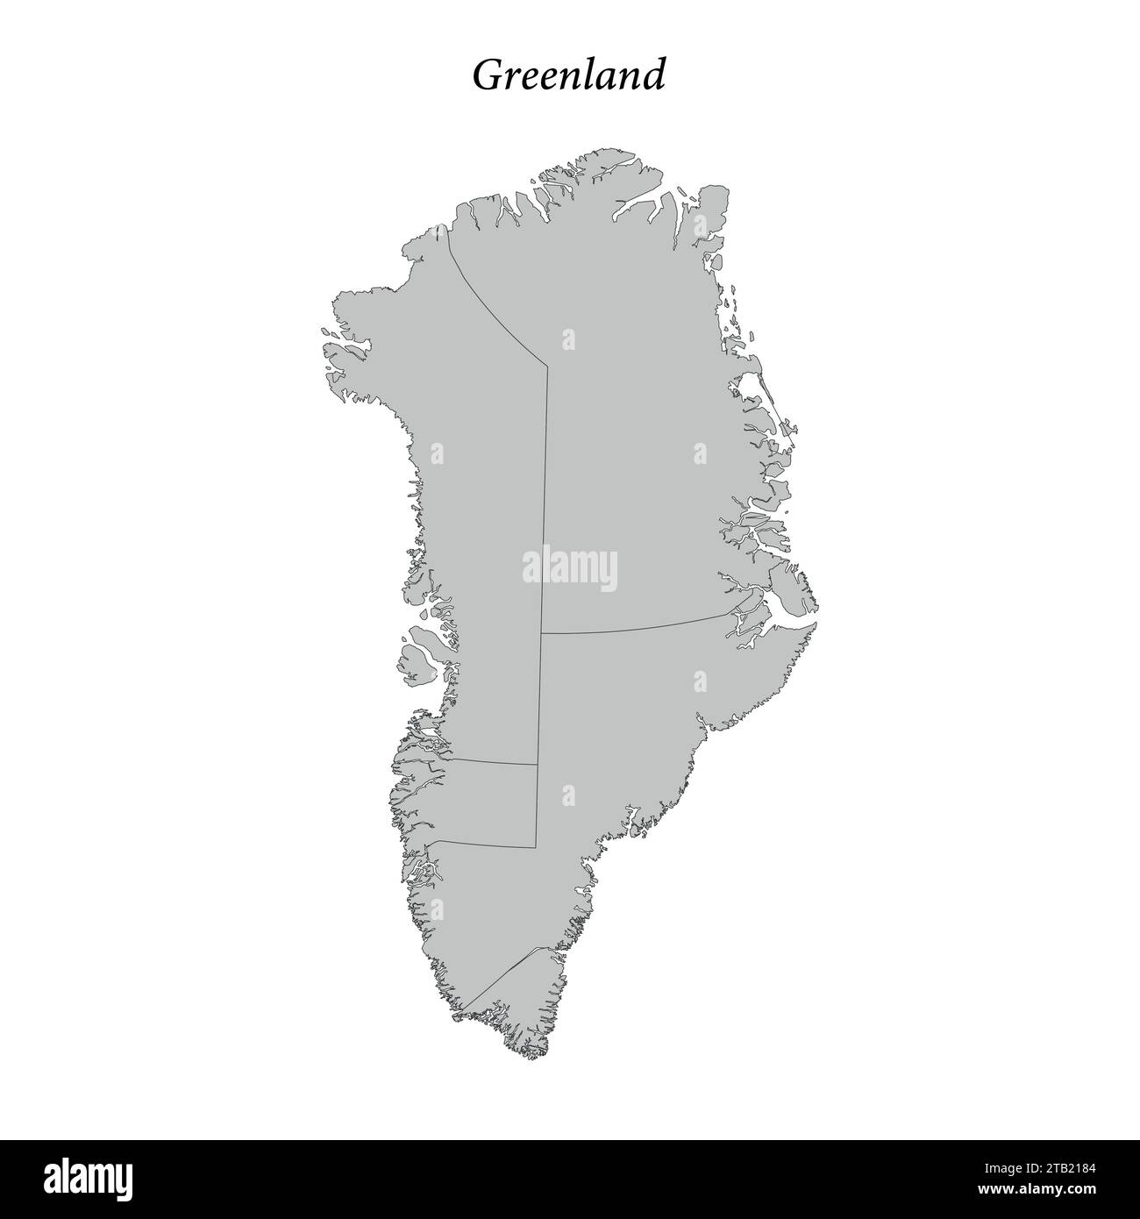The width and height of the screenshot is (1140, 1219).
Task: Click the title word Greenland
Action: pos(568,76)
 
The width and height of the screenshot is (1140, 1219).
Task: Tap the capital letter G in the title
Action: pos(488,76)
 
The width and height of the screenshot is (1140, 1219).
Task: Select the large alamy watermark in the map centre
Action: pos(570,569)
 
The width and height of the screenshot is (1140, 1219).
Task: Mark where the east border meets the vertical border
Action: pos(542,632)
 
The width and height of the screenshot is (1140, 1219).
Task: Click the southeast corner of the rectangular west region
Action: pos(535,847)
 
